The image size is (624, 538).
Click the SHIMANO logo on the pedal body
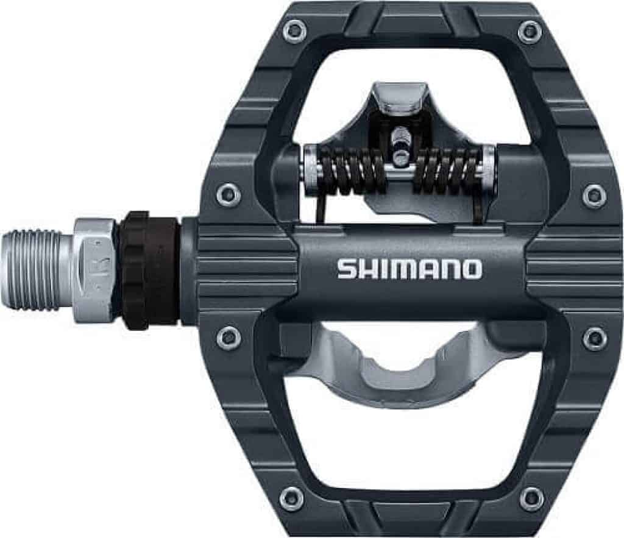tap(409, 269)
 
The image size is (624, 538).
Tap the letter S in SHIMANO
tap(346, 269)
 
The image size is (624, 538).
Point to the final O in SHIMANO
tap(471, 269)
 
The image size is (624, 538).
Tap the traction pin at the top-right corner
tap(529, 30)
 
